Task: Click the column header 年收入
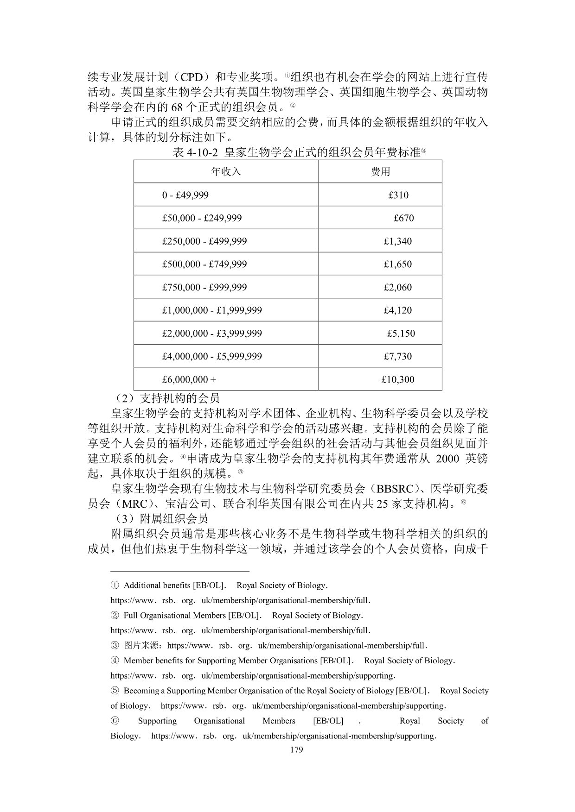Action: click(226, 172)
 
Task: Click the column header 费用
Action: click(380, 172)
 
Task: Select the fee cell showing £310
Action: click(398, 195)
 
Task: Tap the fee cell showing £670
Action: click(403, 218)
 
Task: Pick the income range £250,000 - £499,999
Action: click(204, 241)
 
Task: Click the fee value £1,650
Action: click(398, 264)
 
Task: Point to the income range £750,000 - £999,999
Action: click(204, 288)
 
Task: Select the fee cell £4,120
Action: click(398, 310)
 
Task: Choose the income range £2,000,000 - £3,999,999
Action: click(212, 334)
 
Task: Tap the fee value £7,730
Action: click(398, 357)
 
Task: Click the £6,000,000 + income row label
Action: click(189, 380)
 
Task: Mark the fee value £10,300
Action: click(398, 380)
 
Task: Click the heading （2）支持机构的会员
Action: click(166, 398)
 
